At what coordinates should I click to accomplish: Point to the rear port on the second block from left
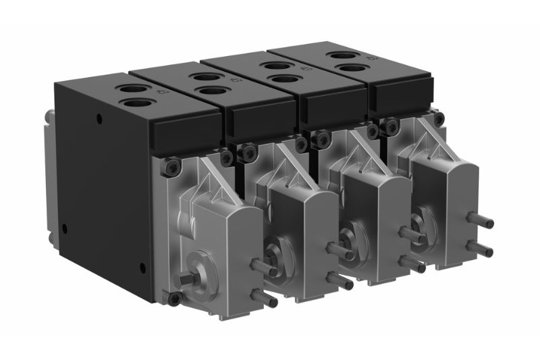[x=202, y=78]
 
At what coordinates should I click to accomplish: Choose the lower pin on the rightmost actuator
[x=483, y=251]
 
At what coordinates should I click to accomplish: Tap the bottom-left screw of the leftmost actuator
[x=174, y=298]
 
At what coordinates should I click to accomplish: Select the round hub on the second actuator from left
[x=277, y=250]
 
